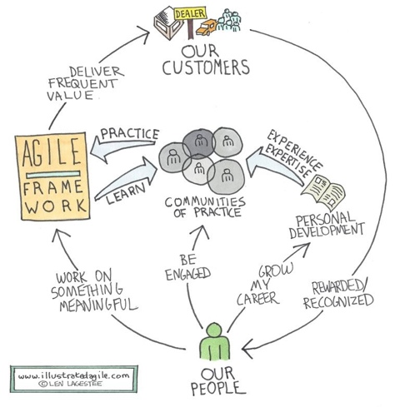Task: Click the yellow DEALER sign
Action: click(190, 13)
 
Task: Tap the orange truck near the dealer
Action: click(206, 27)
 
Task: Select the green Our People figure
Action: click(215, 341)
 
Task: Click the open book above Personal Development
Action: click(323, 192)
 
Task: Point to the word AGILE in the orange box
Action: click(52, 152)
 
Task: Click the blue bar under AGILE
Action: click(53, 175)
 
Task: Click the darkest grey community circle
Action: click(199, 143)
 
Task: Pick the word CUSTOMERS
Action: click(206, 67)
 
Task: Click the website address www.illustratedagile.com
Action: click(74, 376)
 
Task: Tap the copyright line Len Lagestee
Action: click(71, 384)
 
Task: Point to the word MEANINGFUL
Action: click(98, 305)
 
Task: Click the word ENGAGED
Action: click(188, 274)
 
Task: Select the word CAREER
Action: click(257, 299)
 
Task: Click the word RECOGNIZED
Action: click(338, 300)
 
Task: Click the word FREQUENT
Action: click(82, 83)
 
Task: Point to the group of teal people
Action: click(228, 20)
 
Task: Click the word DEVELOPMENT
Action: click(327, 231)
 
